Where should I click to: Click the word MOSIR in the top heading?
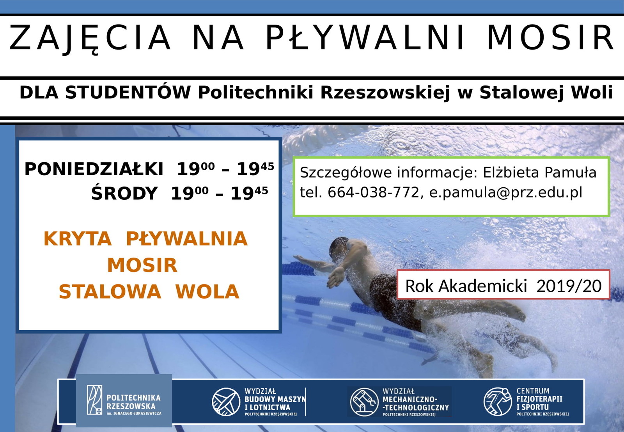coord(550,37)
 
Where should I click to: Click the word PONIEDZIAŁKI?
coord(94,169)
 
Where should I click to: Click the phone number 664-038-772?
coord(374,192)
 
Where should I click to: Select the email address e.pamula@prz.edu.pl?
coord(506,193)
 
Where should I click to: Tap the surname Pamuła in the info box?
coord(570,172)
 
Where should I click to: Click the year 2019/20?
coord(569,286)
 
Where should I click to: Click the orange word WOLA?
coord(207,292)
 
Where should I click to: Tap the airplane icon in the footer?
coord(226,402)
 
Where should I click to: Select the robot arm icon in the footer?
coord(364,402)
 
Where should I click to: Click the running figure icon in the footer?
coord(498,402)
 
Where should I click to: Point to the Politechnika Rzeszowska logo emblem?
coord(94,400)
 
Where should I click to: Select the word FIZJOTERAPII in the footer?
coord(539,399)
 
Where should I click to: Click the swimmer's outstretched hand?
coord(336,277)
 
